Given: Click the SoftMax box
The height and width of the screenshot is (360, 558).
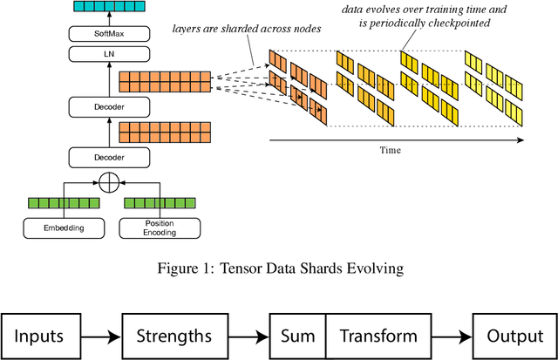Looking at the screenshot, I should tap(110, 33).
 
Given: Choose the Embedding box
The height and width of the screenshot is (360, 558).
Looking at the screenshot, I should tap(60, 228).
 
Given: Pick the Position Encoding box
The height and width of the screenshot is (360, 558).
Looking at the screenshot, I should tap(159, 228).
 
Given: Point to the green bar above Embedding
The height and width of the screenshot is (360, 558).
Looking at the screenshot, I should tap(60, 204).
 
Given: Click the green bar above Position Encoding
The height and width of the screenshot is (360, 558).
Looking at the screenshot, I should tap(159, 204).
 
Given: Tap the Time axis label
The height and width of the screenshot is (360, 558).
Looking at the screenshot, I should tap(390, 150).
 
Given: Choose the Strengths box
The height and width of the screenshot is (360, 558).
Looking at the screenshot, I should tap(174, 336).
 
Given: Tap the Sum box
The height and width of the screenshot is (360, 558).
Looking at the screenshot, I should tap(296, 336).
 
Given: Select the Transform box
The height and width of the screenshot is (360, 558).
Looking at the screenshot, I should tap(378, 336).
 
